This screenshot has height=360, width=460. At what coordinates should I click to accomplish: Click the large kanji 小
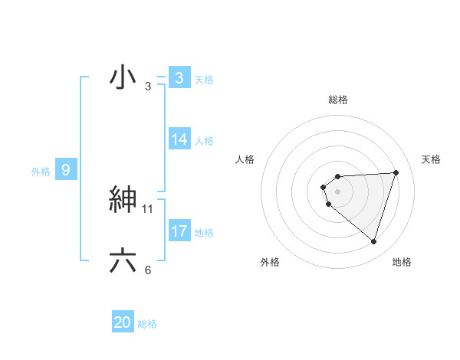[123, 77]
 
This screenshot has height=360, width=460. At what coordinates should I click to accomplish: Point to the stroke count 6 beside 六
[148, 270]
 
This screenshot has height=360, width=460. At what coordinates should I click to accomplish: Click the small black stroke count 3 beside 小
[148, 87]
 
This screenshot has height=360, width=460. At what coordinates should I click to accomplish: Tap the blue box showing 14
[179, 139]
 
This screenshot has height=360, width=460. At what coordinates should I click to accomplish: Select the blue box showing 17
[179, 231]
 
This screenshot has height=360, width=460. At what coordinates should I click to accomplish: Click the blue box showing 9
[66, 170]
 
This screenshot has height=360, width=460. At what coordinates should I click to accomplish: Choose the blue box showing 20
[123, 322]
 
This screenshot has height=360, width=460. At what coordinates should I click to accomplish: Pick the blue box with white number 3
[179, 78]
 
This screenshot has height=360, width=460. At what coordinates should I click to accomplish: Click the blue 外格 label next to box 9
[41, 172]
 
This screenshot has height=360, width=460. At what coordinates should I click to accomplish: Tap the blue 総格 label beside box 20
[147, 324]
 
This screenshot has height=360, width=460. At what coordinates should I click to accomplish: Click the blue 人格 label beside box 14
[204, 141]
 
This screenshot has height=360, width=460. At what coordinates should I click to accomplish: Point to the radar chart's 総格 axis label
[338, 100]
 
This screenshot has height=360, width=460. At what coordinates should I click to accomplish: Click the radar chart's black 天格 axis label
[431, 159]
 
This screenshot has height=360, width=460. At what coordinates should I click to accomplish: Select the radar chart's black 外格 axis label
[269, 262]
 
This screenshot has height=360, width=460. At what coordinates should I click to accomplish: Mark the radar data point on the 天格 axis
[396, 172]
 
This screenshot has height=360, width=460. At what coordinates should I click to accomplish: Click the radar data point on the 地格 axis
[373, 241]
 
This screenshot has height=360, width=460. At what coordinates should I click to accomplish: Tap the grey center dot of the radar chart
[338, 191]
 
